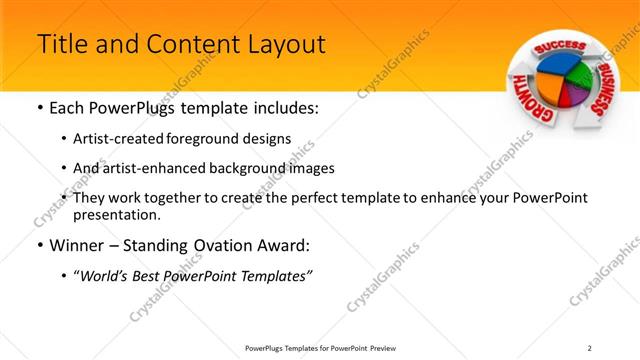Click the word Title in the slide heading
60,45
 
